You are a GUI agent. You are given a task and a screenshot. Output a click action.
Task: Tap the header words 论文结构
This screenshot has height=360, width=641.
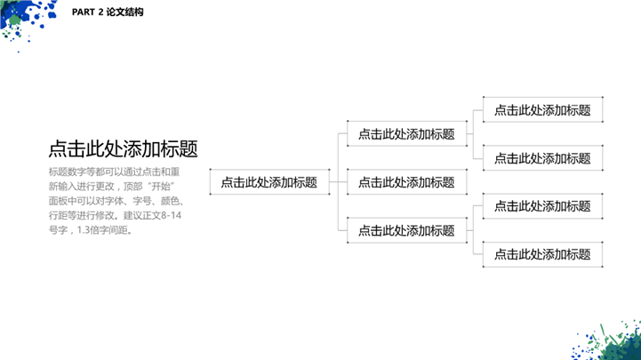[125, 13]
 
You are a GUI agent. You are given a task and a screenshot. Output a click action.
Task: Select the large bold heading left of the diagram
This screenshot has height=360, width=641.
[123, 148]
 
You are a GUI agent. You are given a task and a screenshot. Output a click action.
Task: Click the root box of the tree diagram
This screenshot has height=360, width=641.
[268, 182]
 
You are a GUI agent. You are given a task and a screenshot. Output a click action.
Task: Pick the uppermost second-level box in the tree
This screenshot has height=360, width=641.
[406, 134]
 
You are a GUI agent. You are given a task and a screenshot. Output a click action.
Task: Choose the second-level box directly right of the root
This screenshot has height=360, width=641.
[406, 182]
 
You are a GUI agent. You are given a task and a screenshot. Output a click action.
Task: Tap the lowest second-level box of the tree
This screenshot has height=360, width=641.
[406, 230]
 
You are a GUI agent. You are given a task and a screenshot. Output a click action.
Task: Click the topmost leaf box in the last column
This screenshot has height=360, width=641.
[542, 110]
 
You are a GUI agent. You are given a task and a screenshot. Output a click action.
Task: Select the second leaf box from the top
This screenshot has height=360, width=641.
[542, 158]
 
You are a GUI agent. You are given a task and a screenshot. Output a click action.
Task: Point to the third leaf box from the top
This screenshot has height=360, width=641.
[542, 206]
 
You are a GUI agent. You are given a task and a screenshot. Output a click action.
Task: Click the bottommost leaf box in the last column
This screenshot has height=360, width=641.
[542, 254]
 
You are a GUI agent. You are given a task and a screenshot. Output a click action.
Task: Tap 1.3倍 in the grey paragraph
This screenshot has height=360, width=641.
[92, 230]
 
